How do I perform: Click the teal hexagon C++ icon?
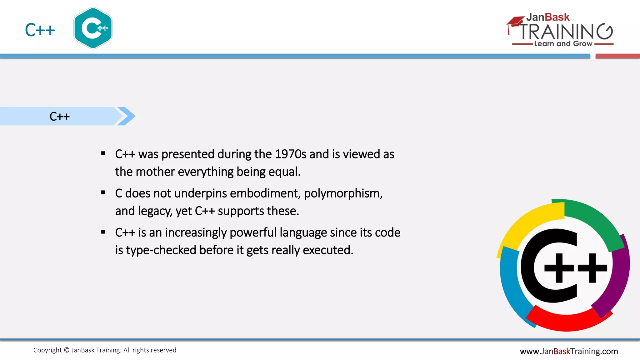[93, 28]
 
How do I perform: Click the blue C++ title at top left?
[40, 30]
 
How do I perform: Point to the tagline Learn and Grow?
[563, 44]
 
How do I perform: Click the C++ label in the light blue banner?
[59, 117]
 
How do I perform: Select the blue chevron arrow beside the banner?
[127, 116]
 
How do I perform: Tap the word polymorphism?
[343, 193]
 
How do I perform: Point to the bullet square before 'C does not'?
[103, 193]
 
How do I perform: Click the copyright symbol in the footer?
[67, 350]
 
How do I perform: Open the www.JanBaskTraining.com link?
[569, 351]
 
